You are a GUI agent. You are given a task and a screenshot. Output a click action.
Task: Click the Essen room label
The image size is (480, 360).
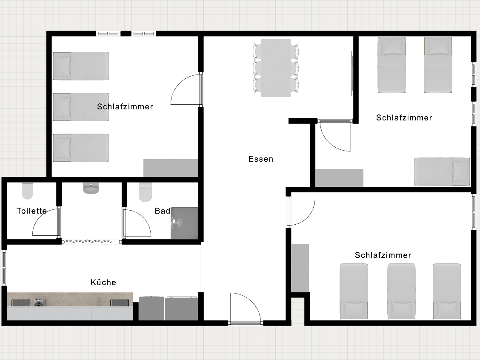pyautogui.click(x=261, y=159)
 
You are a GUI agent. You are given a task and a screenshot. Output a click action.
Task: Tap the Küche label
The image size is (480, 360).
pyautogui.click(x=103, y=282)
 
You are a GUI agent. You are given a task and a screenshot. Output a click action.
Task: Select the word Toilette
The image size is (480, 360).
pyautogui.click(x=31, y=211)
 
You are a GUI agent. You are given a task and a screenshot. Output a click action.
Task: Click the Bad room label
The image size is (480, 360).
pyautogui.click(x=163, y=211)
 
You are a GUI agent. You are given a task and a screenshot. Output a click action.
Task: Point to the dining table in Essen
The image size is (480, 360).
pyautogui.click(x=275, y=68)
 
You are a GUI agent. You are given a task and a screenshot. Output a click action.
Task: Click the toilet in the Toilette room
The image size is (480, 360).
pyautogui.click(x=27, y=191)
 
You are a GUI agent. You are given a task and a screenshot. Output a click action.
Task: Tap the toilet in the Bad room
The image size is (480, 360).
pyautogui.click(x=146, y=192)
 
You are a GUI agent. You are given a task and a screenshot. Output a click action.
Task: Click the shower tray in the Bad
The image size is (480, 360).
pyautogui.click(x=185, y=223)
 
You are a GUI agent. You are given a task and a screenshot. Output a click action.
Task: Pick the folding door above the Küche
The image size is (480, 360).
pyautogui.click(x=92, y=241)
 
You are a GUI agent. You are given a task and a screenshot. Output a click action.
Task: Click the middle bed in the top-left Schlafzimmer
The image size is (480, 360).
pyautogui.click(x=81, y=107)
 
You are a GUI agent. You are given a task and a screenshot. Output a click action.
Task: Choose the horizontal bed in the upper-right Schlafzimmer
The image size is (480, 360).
pyautogui.click(x=442, y=171)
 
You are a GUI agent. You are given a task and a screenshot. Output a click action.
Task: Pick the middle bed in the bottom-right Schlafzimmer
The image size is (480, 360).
pyautogui.click(x=401, y=291)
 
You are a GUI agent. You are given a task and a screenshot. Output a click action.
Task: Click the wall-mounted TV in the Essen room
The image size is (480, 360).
pyautogui.click(x=352, y=73)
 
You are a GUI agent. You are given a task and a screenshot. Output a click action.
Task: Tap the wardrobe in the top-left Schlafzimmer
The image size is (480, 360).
pyautogui.click(x=171, y=168)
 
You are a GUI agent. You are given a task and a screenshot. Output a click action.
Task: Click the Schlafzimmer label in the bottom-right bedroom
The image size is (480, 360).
pyautogui.click(x=383, y=255)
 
